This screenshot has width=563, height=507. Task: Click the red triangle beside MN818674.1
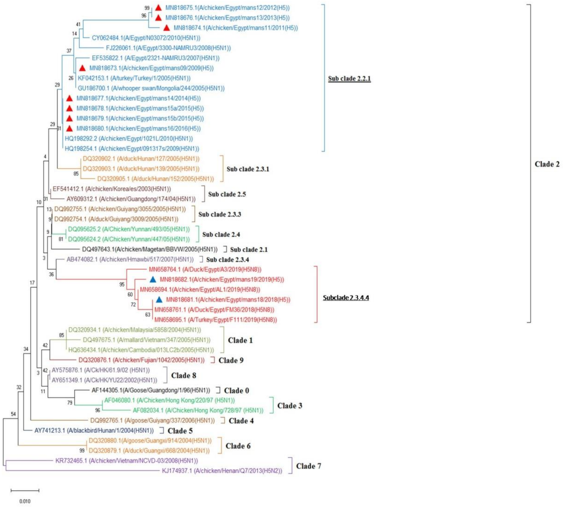point(166,28)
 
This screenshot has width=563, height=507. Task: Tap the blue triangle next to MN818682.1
point(153,279)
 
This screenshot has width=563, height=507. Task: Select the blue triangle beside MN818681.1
point(159,300)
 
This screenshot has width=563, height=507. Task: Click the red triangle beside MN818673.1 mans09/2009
point(82,68)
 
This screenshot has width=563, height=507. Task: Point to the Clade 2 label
point(547,164)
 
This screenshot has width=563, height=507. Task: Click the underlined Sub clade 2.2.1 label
point(349,79)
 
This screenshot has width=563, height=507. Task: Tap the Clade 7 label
point(308,466)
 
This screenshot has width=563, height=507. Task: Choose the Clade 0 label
point(236,391)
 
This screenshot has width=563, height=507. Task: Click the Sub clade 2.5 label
point(227,194)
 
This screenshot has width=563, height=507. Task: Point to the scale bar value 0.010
point(25,501)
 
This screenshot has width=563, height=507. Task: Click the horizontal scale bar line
point(25,490)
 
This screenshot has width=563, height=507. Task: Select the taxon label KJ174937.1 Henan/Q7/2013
point(222,471)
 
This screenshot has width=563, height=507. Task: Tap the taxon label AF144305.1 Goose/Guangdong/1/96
point(151,390)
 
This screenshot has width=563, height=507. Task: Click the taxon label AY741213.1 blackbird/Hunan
point(94,431)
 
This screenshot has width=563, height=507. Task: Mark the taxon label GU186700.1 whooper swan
point(151,88)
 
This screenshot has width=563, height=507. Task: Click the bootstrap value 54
point(13,414)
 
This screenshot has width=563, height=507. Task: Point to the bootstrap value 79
point(70,402)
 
